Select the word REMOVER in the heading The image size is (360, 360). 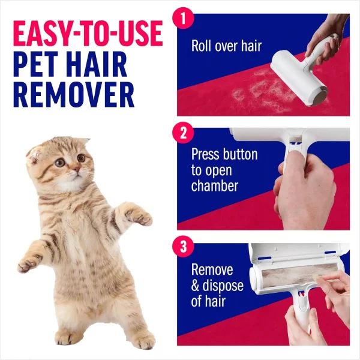click(73, 95)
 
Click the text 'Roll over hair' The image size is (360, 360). click(226, 46)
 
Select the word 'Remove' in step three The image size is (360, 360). click(212, 270)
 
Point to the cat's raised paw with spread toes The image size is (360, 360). click(139, 217)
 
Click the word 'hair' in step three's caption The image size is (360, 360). click(217, 301)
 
